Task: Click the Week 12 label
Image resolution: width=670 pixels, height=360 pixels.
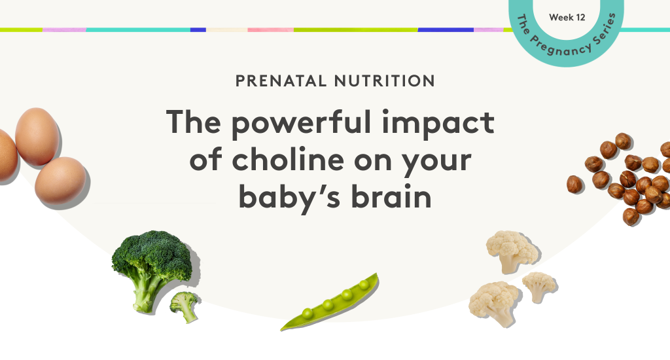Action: pos(567,17)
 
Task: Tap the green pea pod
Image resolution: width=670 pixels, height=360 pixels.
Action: pos(332,302)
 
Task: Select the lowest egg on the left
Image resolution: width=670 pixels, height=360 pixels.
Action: pos(60,180)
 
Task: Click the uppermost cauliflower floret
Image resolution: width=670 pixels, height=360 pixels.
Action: pos(510,249)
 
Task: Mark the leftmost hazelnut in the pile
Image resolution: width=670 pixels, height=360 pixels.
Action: pos(574,184)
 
